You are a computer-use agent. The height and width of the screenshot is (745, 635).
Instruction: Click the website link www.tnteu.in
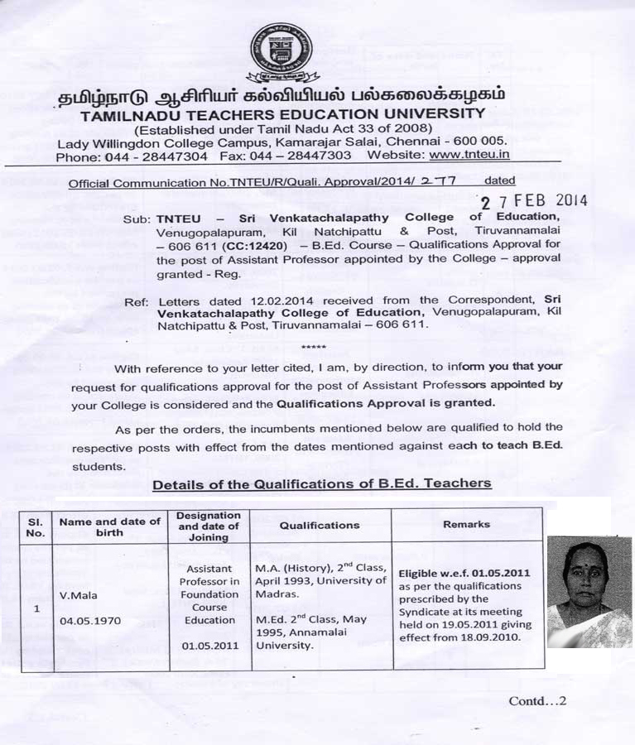tap(470, 155)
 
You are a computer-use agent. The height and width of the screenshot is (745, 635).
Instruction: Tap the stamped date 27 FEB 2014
tap(534, 200)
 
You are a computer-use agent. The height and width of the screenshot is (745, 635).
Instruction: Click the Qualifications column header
tap(320, 525)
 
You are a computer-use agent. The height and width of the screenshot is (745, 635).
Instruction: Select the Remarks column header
tap(466, 524)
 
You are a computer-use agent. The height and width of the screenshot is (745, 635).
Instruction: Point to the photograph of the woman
tap(589, 592)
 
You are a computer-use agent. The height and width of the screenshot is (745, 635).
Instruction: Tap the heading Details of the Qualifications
tap(321, 483)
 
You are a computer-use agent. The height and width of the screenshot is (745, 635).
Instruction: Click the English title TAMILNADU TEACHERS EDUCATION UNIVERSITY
tap(283, 113)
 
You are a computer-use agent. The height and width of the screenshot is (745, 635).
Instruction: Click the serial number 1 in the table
tap(36, 607)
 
